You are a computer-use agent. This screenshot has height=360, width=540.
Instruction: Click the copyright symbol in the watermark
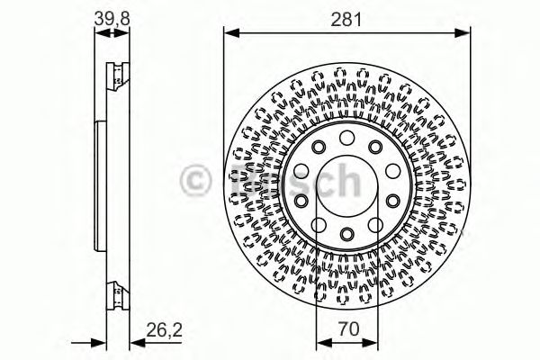(x=197, y=182)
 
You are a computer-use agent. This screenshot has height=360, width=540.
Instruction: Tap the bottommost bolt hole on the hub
(x=347, y=236)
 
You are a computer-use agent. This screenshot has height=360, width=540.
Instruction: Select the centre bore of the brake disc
(x=347, y=185)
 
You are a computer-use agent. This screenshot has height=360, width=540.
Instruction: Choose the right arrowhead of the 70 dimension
(x=374, y=342)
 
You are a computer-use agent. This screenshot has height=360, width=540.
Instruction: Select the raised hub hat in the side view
(x=99, y=185)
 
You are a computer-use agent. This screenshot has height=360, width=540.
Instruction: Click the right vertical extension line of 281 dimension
(x=471, y=108)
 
